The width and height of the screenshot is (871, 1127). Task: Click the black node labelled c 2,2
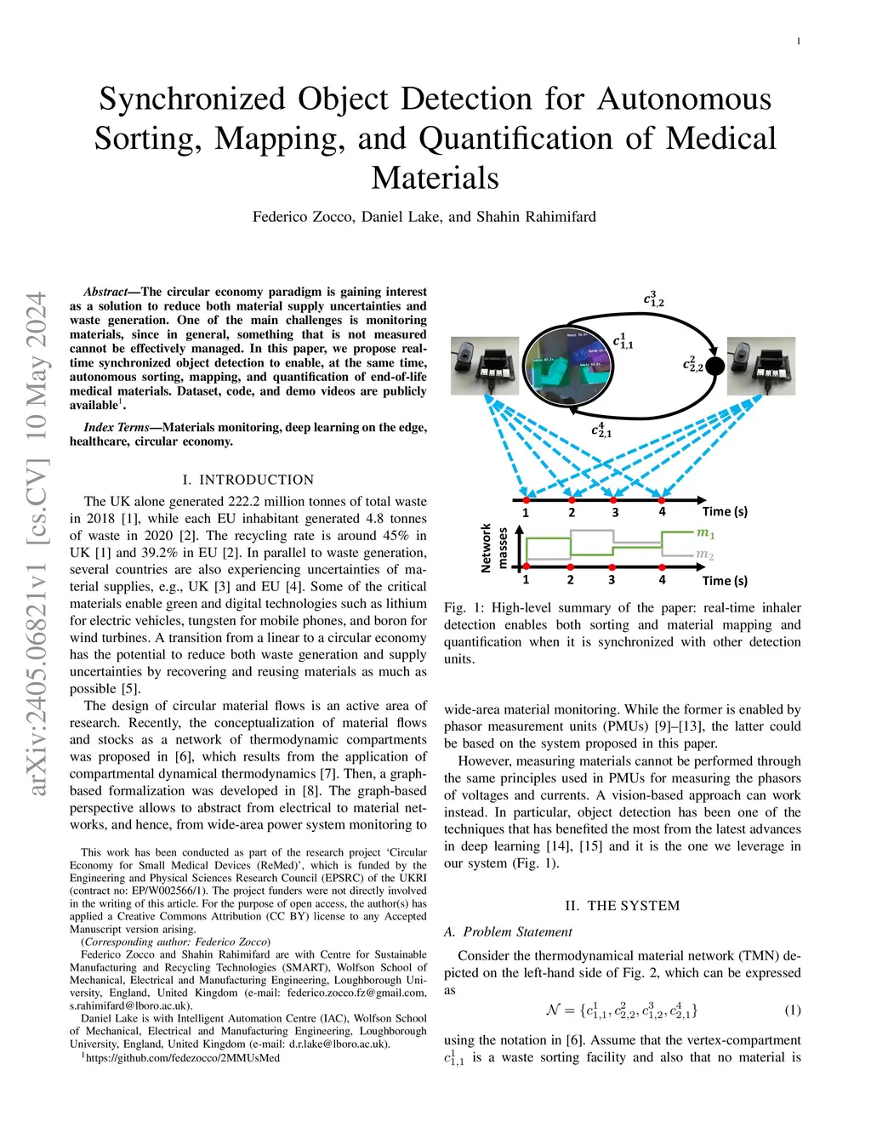tap(715, 366)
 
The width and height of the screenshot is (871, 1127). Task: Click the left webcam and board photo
tap(485, 366)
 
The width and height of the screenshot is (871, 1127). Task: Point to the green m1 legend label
tap(706, 533)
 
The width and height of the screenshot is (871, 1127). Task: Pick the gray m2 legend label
tap(705, 555)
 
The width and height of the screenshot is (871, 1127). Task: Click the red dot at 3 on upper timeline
tap(615, 498)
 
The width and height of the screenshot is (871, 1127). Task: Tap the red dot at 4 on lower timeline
tap(662, 566)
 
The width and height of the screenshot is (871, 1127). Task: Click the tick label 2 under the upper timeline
tap(572, 513)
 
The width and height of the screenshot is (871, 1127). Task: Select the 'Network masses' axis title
tap(494, 547)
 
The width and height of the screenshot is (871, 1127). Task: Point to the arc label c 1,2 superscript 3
tap(653, 299)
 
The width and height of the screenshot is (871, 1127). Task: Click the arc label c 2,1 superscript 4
tap(601, 430)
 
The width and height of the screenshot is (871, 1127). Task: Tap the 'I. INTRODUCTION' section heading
tap(248, 480)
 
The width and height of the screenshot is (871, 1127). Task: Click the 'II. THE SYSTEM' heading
tap(622, 906)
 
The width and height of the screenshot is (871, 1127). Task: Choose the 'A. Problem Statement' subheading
tap(508, 932)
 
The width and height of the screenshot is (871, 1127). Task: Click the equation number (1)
tap(792, 1010)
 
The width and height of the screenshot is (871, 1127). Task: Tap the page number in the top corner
tap(798, 42)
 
